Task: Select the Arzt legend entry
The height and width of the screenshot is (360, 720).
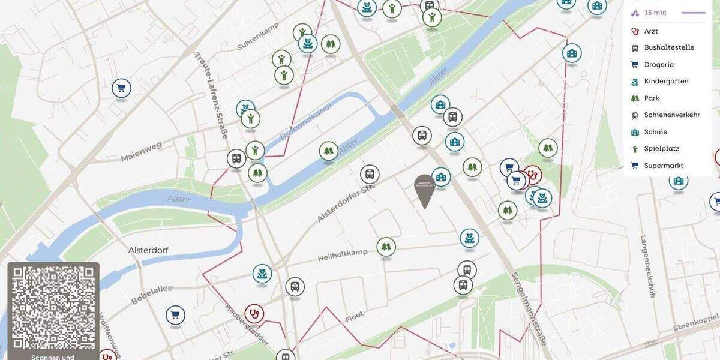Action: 651,31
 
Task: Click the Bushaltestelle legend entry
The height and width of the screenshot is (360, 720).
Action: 669,48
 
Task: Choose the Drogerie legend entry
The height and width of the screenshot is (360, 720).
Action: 659,65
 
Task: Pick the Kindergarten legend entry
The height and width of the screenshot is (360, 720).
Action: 666,82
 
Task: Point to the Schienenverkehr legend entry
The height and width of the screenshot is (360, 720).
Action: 671,115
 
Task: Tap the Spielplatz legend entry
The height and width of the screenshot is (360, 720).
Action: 661,149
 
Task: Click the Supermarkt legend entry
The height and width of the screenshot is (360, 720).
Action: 664,166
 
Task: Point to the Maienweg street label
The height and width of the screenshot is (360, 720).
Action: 142,152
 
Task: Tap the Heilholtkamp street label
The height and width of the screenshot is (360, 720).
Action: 342,256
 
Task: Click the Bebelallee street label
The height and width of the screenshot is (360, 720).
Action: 152,293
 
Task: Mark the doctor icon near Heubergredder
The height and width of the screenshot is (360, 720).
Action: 254,313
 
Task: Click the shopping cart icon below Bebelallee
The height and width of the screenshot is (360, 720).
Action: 175,314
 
